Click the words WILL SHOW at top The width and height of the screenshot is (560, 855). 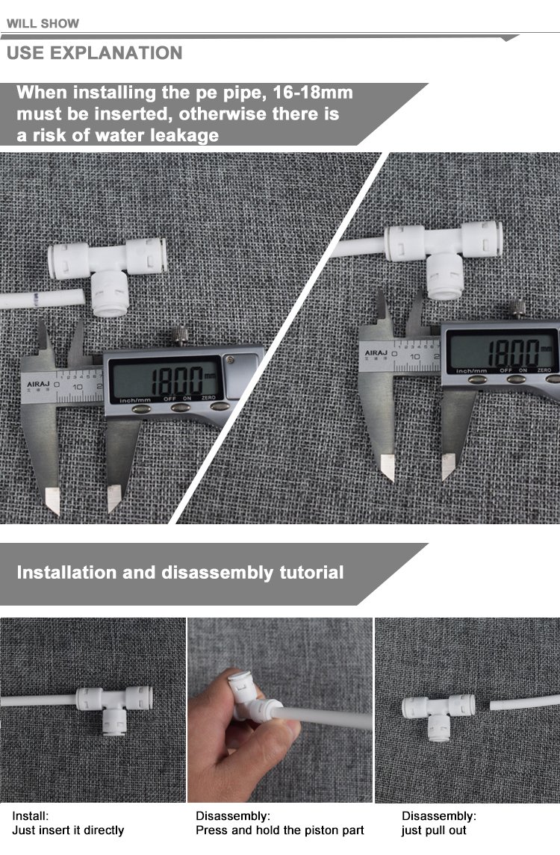43,23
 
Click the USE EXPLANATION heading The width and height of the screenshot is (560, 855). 94,53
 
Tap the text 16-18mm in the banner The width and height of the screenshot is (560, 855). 312,92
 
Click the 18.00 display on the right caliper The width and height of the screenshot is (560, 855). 512,352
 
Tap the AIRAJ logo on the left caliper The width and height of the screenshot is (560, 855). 37,385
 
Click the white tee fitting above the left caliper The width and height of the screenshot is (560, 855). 108,273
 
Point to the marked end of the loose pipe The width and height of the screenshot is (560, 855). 35,299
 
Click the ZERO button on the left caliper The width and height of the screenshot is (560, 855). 220,406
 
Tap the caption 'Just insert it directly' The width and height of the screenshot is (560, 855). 68,830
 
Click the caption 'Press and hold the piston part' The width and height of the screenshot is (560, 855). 280,830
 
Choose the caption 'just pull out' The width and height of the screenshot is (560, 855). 434,830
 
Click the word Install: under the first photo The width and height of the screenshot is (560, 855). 31,815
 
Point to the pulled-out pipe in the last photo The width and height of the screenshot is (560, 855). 525,702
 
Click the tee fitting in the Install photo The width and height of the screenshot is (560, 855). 114,709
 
